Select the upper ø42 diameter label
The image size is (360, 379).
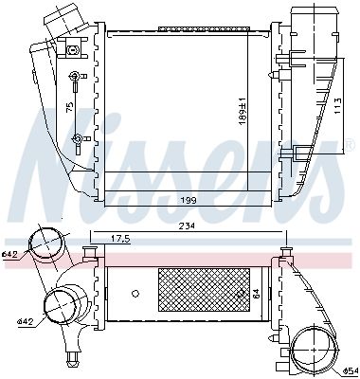coord(11,254)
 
